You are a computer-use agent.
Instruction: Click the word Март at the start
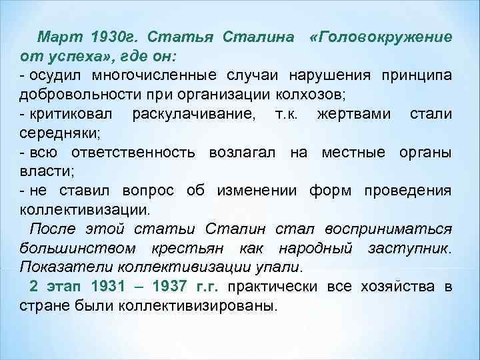click(58, 35)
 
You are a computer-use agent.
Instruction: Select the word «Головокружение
click(381, 35)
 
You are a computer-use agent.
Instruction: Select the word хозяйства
click(397, 287)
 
